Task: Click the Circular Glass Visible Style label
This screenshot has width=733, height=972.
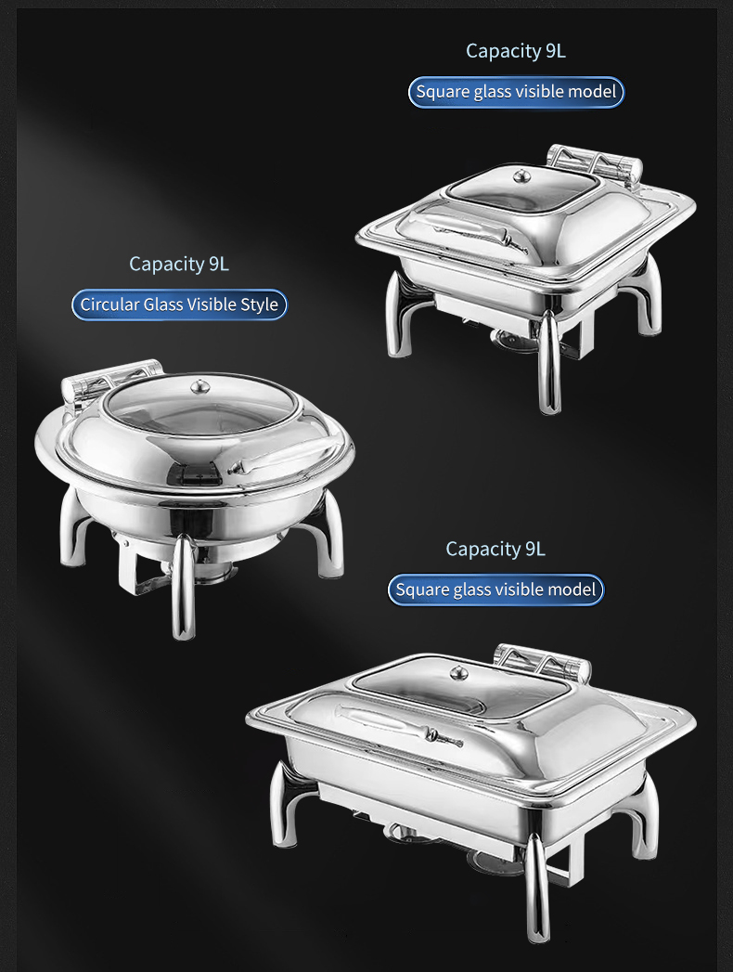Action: [179, 305]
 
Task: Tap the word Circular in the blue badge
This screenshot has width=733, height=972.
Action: [109, 305]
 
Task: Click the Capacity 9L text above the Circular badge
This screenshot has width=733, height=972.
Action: [179, 264]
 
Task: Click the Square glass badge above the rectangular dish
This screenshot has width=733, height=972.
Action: [495, 590]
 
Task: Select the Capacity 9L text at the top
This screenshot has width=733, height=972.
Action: [515, 51]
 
